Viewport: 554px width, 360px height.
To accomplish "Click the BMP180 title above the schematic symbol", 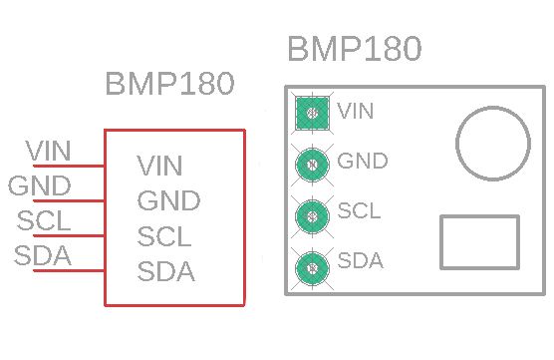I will pyautogui.click(x=169, y=85).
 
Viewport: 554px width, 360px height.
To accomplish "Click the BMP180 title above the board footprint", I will pyautogui.click(x=354, y=49).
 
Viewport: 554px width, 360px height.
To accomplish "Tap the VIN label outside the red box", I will pyautogui.click(x=49, y=151).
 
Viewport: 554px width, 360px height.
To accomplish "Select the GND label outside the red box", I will pyautogui.click(x=40, y=185).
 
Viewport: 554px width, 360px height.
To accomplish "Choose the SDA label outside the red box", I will pyautogui.click(x=43, y=255).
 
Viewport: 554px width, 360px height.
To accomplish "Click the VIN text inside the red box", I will pyautogui.click(x=160, y=166).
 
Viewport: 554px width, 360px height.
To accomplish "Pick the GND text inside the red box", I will pyautogui.click(x=169, y=200).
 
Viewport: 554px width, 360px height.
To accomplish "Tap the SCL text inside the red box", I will pyautogui.click(x=164, y=236).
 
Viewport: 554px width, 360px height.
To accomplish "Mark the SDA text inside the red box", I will pyautogui.click(x=166, y=270).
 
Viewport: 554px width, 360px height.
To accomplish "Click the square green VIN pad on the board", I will pyautogui.click(x=314, y=113).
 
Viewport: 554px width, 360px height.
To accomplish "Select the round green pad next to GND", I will pyautogui.click(x=314, y=164).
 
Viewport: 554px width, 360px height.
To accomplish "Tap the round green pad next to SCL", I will pyautogui.click(x=314, y=214).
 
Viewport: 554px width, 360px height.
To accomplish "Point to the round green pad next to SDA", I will pyautogui.click(x=314, y=265).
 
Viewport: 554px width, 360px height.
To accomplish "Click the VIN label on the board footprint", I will pyautogui.click(x=357, y=111).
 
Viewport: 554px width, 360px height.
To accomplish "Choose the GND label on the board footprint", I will pyautogui.click(x=363, y=161).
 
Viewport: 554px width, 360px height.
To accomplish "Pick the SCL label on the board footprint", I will pyautogui.click(x=360, y=211).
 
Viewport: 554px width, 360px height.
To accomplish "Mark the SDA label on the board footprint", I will pyautogui.click(x=361, y=261).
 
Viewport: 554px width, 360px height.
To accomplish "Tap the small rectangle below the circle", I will pyautogui.click(x=479, y=242).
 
